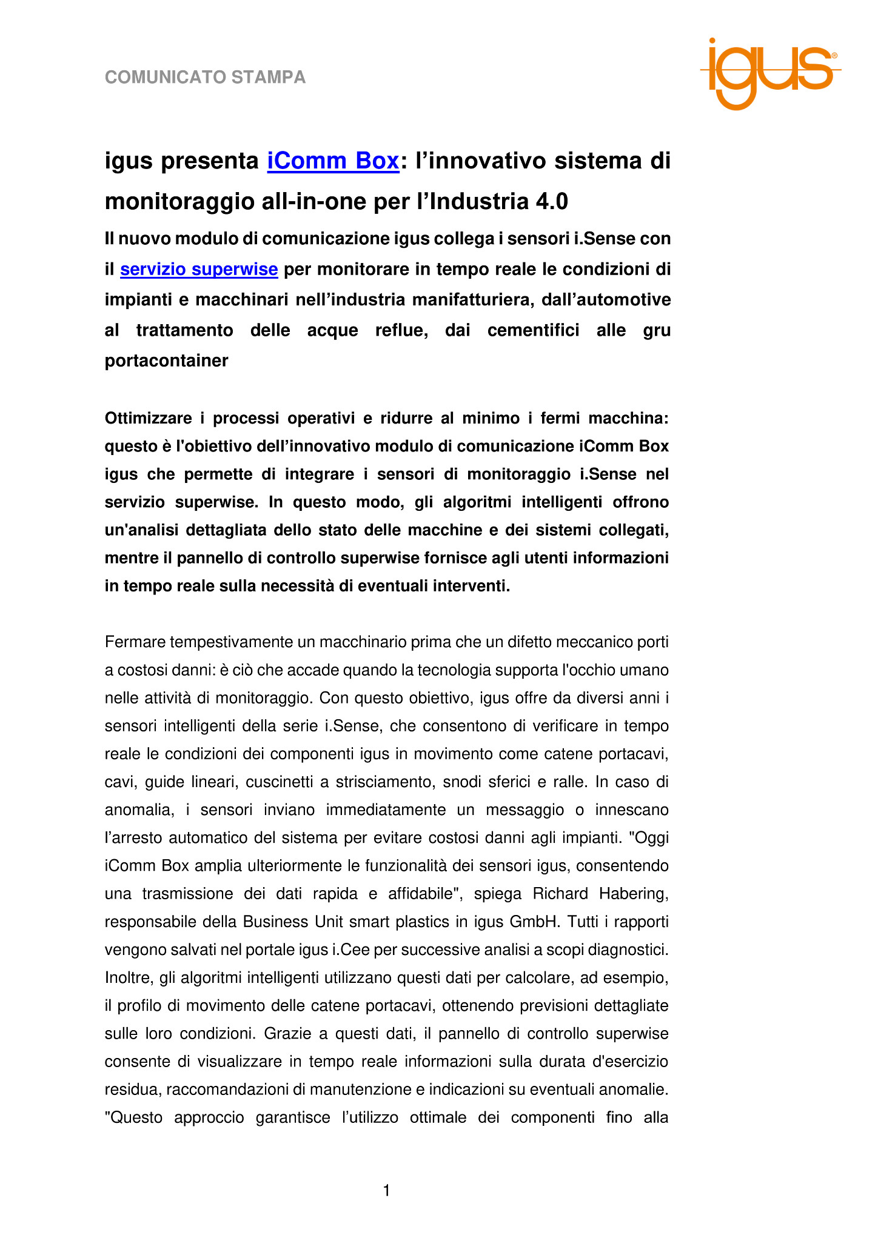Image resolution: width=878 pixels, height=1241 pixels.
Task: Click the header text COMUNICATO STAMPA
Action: [x=205, y=78]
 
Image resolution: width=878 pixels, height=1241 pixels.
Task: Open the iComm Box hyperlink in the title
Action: [x=333, y=161]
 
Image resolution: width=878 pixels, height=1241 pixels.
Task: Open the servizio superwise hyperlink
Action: [x=199, y=269]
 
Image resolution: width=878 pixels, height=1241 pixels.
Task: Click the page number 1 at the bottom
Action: [x=386, y=1191]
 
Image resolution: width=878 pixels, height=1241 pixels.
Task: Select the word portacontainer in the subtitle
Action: [x=166, y=361]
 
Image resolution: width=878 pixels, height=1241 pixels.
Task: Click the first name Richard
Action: [x=560, y=894]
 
